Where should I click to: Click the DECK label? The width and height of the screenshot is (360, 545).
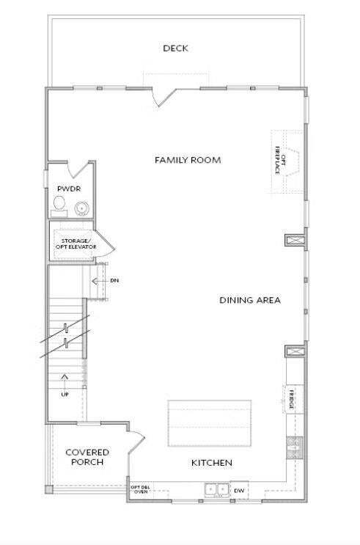[176, 48]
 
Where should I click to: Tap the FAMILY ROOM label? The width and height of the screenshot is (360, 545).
[188, 160]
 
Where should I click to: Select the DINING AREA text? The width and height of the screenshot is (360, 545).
[250, 300]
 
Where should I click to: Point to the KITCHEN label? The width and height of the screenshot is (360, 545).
[212, 463]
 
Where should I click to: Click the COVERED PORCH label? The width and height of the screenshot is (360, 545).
[87, 458]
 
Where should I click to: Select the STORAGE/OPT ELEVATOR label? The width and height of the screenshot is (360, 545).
[74, 244]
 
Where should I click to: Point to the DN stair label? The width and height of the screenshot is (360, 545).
[114, 280]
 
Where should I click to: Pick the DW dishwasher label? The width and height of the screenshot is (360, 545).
[239, 490]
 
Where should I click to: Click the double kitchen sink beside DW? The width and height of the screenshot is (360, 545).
[216, 489]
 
